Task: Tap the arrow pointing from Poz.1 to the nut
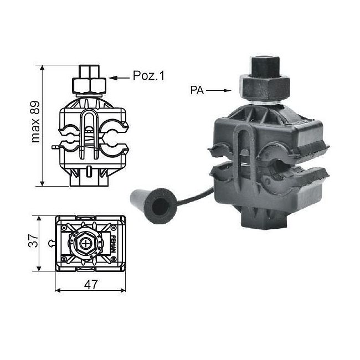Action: click(x=120, y=78)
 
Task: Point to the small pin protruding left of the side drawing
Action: click(x=54, y=147)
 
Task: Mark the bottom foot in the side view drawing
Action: click(x=89, y=178)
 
